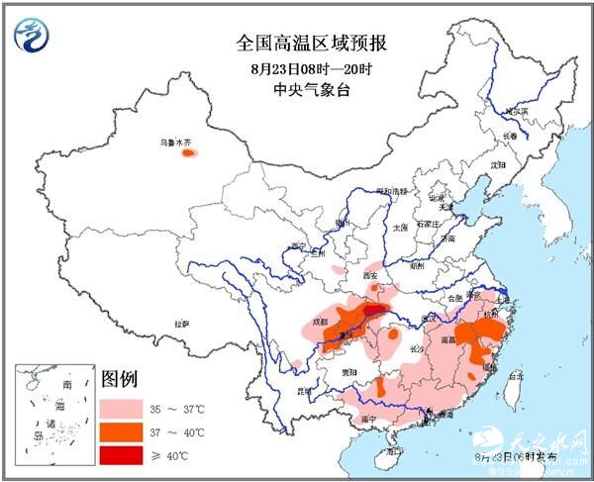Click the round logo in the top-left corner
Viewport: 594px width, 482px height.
point(34,36)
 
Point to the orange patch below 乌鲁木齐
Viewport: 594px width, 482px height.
point(188,153)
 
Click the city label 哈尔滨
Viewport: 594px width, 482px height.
point(516,113)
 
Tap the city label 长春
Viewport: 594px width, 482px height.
point(509,136)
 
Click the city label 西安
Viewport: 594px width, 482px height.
point(370,275)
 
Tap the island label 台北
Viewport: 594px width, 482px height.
point(515,377)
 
